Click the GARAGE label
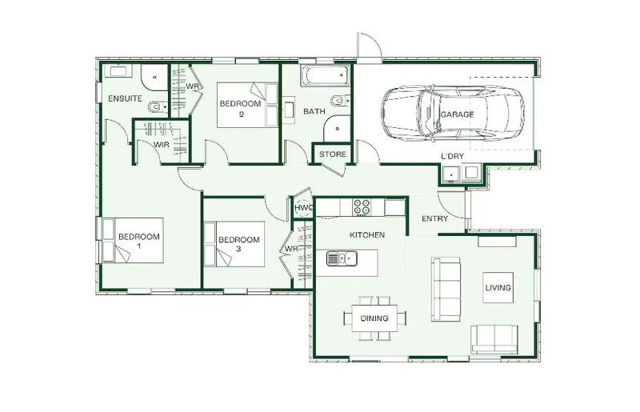point(457,114)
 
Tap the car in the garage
point(453,114)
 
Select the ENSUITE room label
point(125,98)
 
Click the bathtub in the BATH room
point(326,75)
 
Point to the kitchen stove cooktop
point(362,207)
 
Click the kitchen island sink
point(342,258)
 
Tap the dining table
point(374,318)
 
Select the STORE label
point(332,154)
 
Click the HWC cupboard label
point(303,208)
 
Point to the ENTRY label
point(434,219)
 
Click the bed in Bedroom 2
point(247,105)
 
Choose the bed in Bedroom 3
point(234,244)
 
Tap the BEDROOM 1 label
point(138,241)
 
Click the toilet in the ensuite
point(158,107)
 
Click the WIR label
point(162,145)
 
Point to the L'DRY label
point(452,156)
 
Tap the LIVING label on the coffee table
point(498,287)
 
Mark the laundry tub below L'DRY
point(451,173)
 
